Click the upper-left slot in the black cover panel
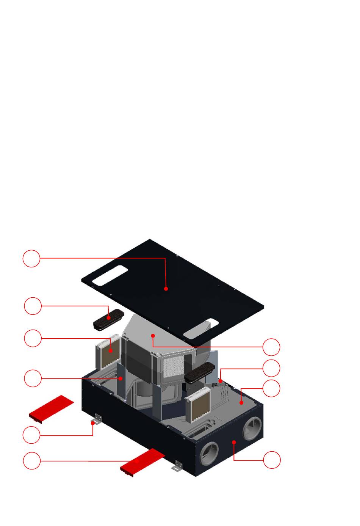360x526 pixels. (110, 275)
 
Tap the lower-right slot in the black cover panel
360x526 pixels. (201, 329)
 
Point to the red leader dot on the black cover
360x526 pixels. (166, 289)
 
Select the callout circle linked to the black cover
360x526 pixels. (31, 258)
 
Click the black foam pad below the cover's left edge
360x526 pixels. (108, 319)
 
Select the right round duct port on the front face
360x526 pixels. (252, 429)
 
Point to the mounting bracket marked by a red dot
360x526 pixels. (97, 420)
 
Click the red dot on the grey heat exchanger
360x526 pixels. (153, 336)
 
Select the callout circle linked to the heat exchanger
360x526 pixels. (271, 347)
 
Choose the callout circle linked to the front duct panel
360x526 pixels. (272, 460)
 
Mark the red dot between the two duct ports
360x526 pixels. (234, 442)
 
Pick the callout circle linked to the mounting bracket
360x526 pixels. (31, 435)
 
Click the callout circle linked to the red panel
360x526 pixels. (32, 461)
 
